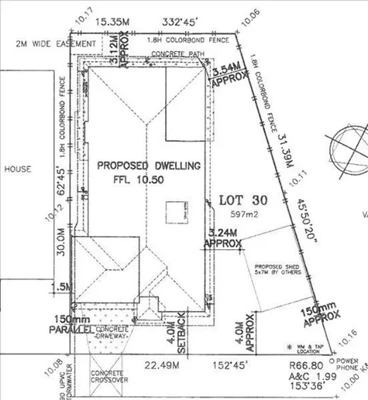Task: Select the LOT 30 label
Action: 243,199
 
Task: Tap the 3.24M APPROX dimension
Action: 222,235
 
